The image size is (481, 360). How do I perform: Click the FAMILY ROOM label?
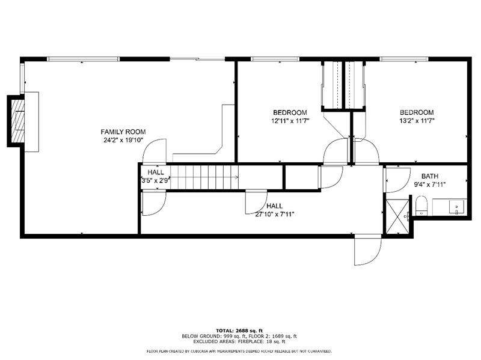(123, 132)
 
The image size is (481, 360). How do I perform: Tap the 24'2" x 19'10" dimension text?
(123, 141)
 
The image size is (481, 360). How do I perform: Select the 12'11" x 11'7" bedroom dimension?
(290, 121)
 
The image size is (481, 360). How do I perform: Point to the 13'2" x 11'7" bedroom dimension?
(417, 121)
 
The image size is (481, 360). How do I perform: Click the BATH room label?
(430, 176)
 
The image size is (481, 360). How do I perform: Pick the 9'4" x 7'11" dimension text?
(430, 185)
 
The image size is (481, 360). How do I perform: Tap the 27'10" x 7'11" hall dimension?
(275, 215)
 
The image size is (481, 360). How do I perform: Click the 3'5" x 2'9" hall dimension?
(156, 181)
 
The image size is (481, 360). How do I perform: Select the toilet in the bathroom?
(421, 206)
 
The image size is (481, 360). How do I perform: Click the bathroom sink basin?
(458, 207)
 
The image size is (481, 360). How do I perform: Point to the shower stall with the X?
(397, 216)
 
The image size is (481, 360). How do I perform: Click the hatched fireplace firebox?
(18, 121)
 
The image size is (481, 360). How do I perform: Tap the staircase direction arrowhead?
(236, 177)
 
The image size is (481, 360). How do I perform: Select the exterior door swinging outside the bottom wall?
(367, 249)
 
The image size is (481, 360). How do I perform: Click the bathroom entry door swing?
(397, 180)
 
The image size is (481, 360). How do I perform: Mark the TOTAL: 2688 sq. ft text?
(239, 331)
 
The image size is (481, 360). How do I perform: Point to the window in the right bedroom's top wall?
(403, 59)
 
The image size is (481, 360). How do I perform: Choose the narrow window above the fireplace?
(22, 78)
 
